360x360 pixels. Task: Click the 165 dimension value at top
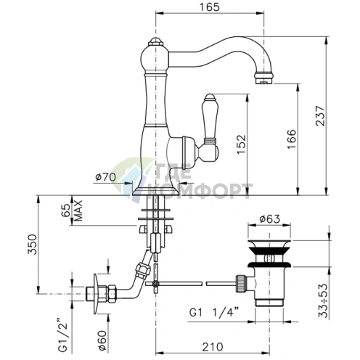click(210, 7)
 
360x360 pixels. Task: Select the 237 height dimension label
click(321, 115)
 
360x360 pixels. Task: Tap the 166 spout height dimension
click(292, 139)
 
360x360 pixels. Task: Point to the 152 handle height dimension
click(241, 144)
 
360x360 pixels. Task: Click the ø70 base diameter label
click(105, 177)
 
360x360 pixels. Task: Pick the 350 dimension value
click(32, 244)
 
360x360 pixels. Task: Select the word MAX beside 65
click(78, 210)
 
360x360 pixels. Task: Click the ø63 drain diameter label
click(269, 219)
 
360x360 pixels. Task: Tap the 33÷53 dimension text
click(323, 300)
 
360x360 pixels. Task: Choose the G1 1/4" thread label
click(213, 313)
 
